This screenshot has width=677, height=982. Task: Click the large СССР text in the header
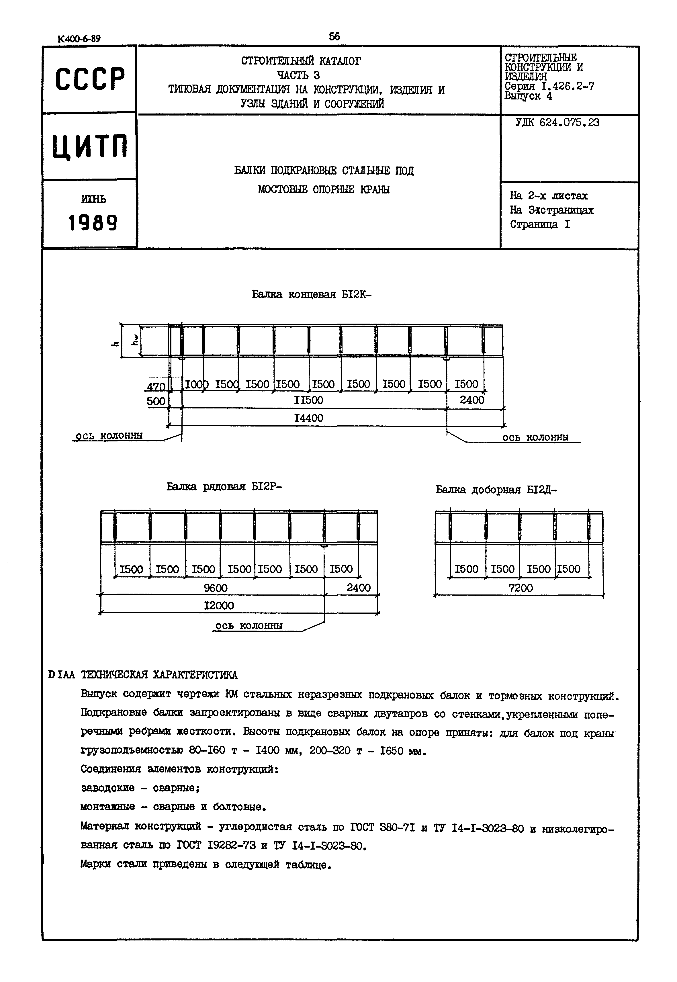click(90, 79)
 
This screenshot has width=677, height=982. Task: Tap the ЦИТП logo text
click(90, 146)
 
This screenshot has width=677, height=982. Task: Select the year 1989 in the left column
click(93, 223)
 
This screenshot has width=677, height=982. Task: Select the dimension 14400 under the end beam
click(308, 418)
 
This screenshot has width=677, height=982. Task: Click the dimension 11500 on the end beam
click(308, 400)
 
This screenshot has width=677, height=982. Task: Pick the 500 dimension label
click(156, 401)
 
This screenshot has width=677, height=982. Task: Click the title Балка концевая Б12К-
click(311, 294)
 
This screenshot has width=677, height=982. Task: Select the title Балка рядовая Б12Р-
click(224, 486)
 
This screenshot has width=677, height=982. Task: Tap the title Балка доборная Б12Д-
click(496, 490)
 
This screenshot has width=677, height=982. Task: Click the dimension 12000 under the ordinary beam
click(219, 606)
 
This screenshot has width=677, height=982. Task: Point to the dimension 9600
click(216, 588)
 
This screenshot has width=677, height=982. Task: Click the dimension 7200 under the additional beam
click(521, 588)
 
